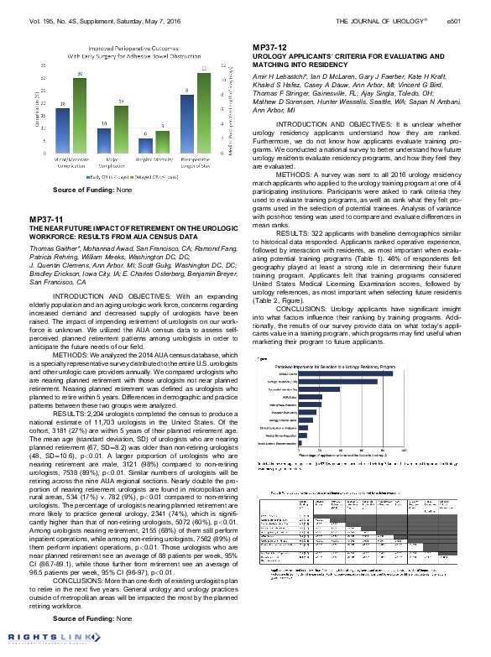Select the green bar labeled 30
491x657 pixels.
[x=80, y=115]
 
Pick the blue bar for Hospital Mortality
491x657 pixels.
[x=146, y=145]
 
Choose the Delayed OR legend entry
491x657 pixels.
[x=158, y=177]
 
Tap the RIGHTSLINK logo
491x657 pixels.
[x=39, y=638]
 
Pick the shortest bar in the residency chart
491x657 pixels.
[x=301, y=443]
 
